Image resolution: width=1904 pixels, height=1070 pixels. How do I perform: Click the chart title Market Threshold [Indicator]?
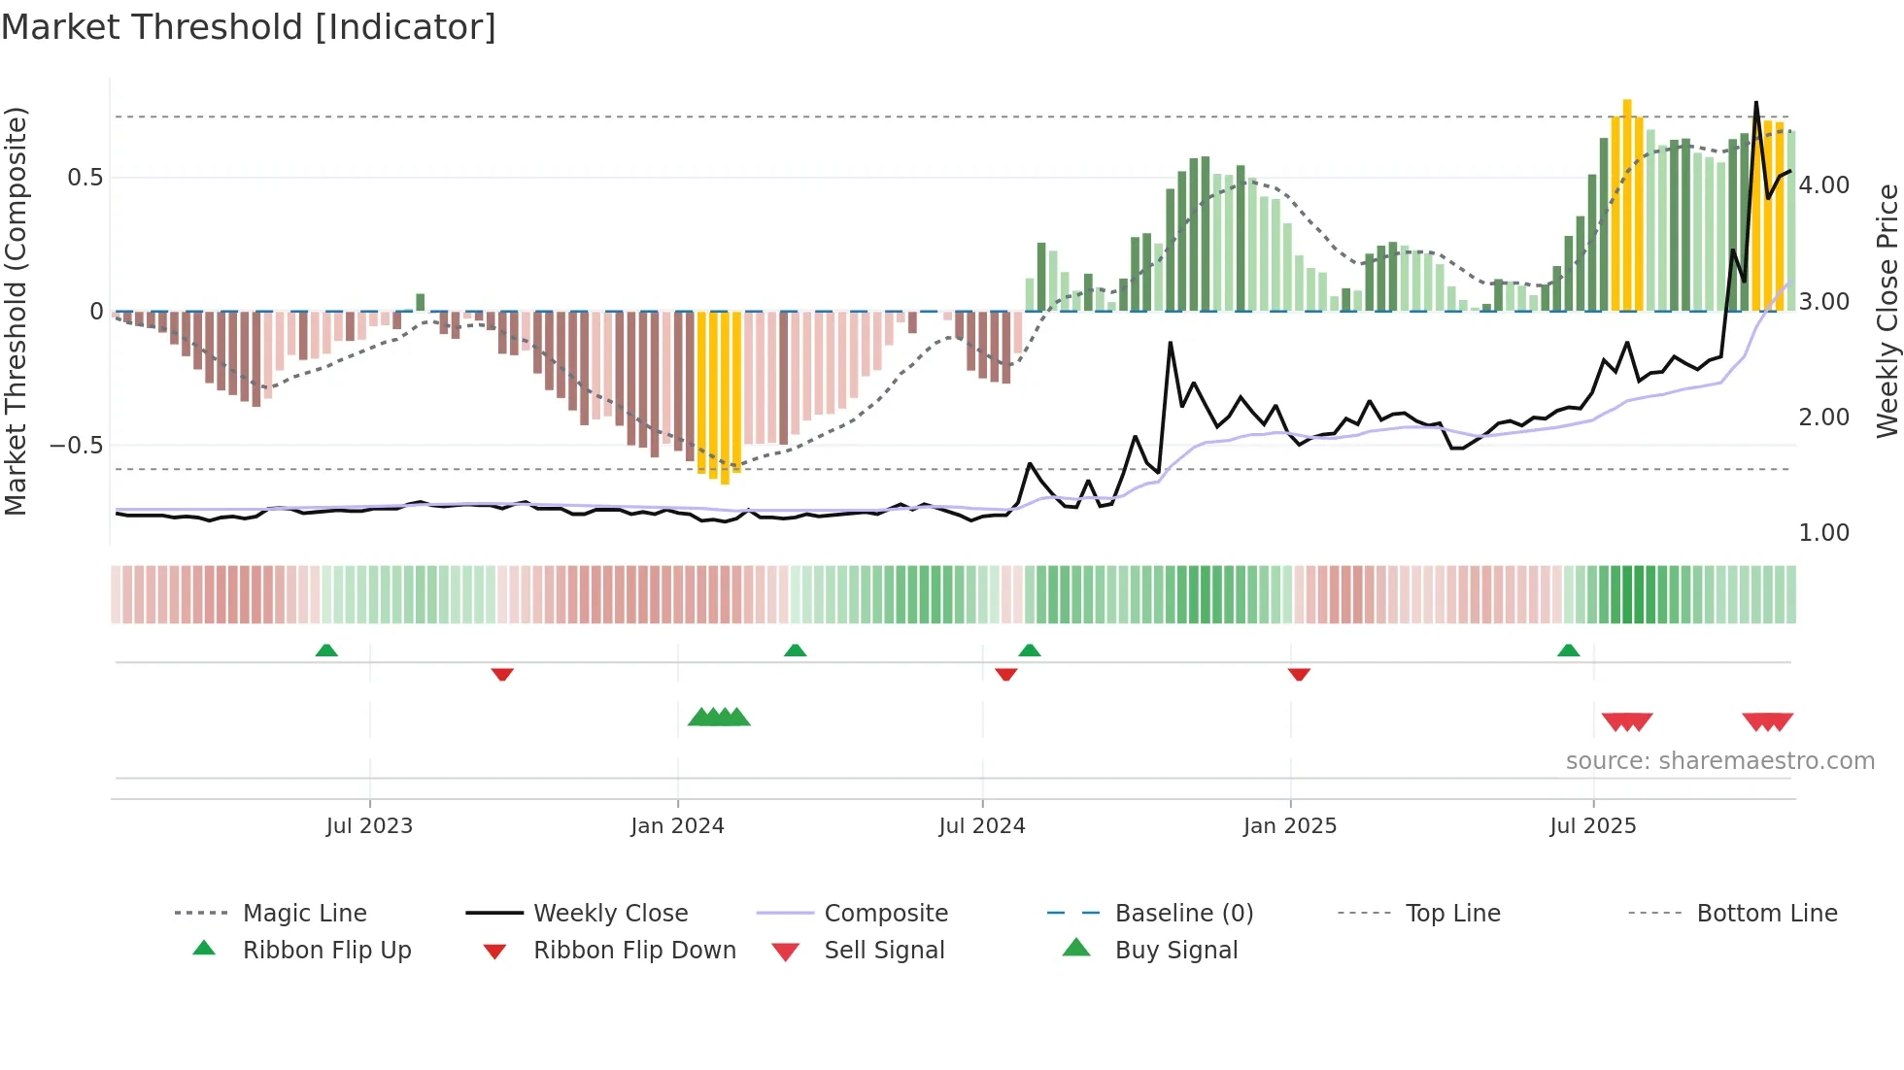[x=249, y=27]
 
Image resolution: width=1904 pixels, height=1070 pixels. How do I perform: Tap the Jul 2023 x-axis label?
[x=369, y=826]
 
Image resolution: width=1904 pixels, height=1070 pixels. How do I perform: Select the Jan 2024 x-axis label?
[x=677, y=826]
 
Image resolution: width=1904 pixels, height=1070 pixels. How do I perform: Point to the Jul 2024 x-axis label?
[x=982, y=826]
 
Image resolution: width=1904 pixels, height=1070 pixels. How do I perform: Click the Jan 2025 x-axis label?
[x=1290, y=826]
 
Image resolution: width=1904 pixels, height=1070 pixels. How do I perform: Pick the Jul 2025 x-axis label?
[x=1593, y=826]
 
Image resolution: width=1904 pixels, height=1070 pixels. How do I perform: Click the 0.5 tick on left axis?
[x=85, y=178]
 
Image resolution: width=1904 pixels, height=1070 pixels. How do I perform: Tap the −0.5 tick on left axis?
[x=77, y=446]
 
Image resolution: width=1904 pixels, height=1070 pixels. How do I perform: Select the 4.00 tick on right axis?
[x=1824, y=185]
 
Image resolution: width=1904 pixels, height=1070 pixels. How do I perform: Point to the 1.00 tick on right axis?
[x=1824, y=533]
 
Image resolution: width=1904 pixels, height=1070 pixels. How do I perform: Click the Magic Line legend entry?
[x=304, y=914]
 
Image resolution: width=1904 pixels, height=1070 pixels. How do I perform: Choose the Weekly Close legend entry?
[x=610, y=914]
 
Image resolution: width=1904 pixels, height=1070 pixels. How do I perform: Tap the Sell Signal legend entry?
[x=884, y=951]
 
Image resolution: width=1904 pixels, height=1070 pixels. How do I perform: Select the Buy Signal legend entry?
[x=1176, y=951]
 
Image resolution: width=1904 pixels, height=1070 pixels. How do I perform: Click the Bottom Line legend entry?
[x=1766, y=914]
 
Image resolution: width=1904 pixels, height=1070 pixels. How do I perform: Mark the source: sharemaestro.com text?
[x=1719, y=761]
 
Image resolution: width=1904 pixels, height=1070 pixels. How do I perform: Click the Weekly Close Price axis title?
[x=1887, y=311]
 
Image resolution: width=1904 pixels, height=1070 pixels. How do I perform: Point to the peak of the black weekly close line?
[x=1756, y=102]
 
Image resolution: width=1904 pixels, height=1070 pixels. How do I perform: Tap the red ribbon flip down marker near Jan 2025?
[x=1299, y=674]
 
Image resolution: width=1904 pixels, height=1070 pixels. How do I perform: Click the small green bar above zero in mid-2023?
[x=421, y=302]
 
